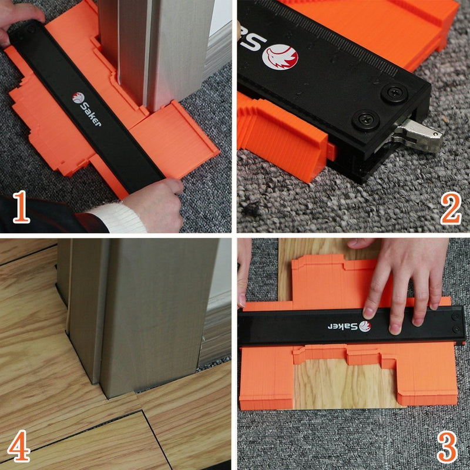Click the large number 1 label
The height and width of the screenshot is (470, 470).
(x=22, y=207)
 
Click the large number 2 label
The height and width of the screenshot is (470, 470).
(x=451, y=208)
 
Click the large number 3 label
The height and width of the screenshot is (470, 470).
(x=447, y=447)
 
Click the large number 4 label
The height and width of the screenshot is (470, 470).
(x=19, y=445)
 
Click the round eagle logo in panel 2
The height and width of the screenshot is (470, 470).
(x=280, y=57)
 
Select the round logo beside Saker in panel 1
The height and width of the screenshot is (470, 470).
(x=78, y=98)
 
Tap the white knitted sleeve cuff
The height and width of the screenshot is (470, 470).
(x=117, y=218)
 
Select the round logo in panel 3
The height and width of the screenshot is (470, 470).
(x=365, y=326)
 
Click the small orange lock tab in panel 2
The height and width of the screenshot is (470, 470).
(x=331, y=152)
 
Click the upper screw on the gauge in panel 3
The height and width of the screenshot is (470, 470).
(x=456, y=317)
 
